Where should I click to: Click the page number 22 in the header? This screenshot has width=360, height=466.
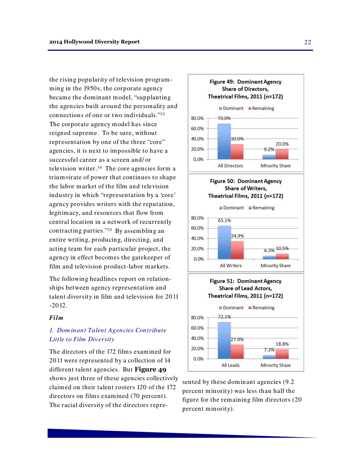[x=307, y=42]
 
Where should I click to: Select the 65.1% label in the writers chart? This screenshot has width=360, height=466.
[x=225, y=219]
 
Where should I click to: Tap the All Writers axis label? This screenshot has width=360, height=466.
[x=230, y=266]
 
